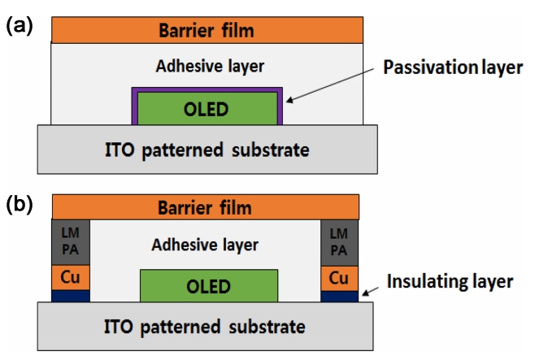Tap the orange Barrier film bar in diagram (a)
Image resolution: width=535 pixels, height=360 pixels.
[x=207, y=31]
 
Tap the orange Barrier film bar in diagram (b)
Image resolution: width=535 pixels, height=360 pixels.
[x=207, y=206]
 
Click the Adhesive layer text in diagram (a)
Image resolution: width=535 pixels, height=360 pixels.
[x=207, y=64]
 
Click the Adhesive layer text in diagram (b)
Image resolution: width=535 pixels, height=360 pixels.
[x=207, y=243]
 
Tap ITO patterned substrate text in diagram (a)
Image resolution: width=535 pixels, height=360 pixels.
[x=207, y=150]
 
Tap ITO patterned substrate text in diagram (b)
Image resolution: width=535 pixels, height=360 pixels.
[x=207, y=327]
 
